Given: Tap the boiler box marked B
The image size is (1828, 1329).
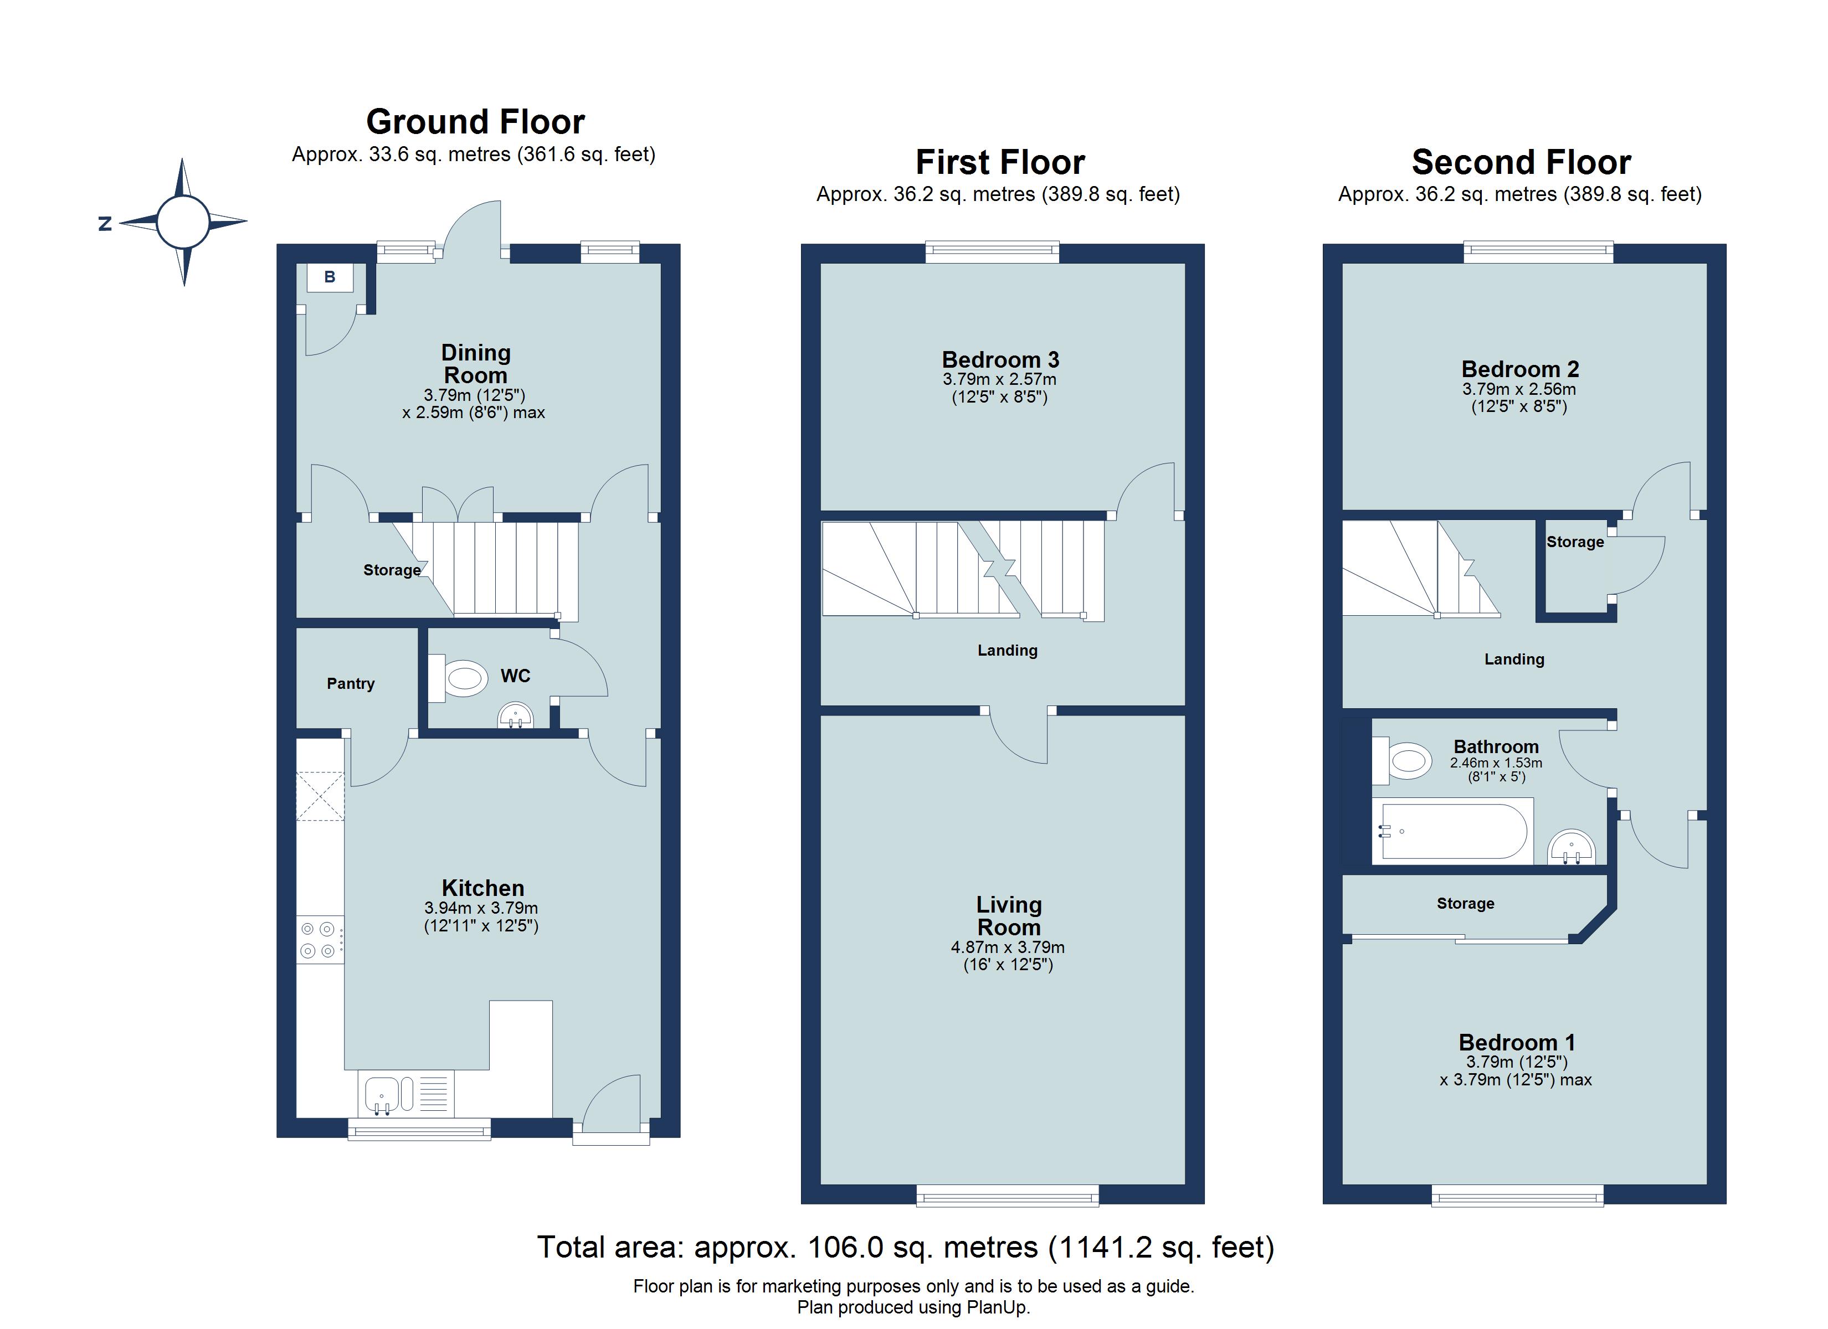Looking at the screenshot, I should [330, 278].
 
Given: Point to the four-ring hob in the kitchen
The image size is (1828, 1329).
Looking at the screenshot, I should [319, 940].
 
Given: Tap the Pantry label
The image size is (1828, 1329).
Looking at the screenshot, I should [351, 683].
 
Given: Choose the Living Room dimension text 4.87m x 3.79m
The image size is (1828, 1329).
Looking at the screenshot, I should [1008, 948].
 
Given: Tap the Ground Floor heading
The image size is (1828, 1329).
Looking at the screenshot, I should [475, 122].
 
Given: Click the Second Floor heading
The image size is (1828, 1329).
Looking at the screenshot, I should [1521, 163].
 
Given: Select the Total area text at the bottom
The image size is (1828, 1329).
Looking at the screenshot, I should [905, 1247].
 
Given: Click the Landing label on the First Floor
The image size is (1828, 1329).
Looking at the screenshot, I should [1008, 651].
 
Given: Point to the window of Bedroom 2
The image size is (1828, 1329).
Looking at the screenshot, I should [1538, 253].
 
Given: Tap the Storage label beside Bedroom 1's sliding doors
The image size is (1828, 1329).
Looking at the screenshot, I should [1465, 904].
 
